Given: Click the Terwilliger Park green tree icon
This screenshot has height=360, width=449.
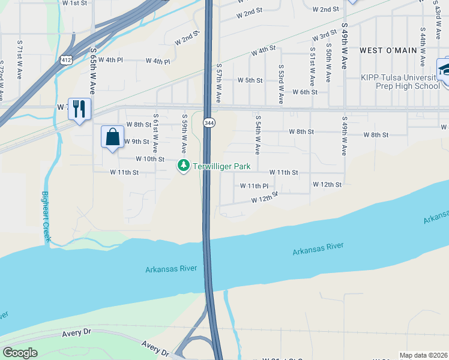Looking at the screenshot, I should click(x=184, y=166).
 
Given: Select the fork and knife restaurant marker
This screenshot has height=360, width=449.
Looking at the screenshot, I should click(x=79, y=109).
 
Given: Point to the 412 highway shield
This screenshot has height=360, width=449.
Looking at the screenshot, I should click(x=70, y=59).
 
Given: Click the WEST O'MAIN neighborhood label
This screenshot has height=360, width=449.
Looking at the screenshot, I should click(x=388, y=51).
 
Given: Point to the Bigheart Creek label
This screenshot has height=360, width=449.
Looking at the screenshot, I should click(x=46, y=217).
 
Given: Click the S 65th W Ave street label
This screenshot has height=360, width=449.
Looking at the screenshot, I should click(x=93, y=71).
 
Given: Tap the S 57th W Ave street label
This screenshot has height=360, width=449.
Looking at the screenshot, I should click(x=219, y=82).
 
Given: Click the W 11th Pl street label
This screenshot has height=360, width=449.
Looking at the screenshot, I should click(x=258, y=186).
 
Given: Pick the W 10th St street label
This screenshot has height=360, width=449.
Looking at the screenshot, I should click(x=150, y=159).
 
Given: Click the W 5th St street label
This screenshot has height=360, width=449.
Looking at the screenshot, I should click(x=250, y=80).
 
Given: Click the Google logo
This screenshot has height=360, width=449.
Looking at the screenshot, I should click(x=20, y=353).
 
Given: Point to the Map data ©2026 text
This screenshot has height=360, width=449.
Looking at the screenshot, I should click(x=423, y=355).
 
